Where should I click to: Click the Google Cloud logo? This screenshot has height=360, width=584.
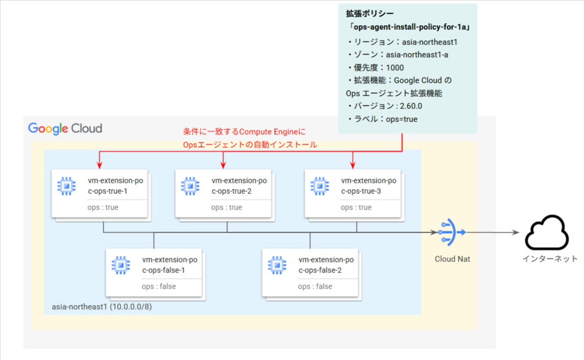(x=65, y=128)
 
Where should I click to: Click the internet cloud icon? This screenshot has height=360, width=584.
(x=547, y=233)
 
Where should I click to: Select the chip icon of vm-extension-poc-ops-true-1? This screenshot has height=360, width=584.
(x=67, y=186)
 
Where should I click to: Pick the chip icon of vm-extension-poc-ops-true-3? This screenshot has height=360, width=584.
(x=320, y=186)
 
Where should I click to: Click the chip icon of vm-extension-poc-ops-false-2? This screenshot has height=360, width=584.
(x=277, y=265)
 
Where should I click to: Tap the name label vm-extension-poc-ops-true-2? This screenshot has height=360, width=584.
(x=239, y=186)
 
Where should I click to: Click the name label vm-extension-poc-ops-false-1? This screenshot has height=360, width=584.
(x=169, y=265)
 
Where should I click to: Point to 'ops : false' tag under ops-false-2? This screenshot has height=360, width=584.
(x=315, y=287)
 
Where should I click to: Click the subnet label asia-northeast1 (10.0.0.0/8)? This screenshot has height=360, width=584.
(x=102, y=306)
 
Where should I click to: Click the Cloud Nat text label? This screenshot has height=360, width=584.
(x=452, y=259)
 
